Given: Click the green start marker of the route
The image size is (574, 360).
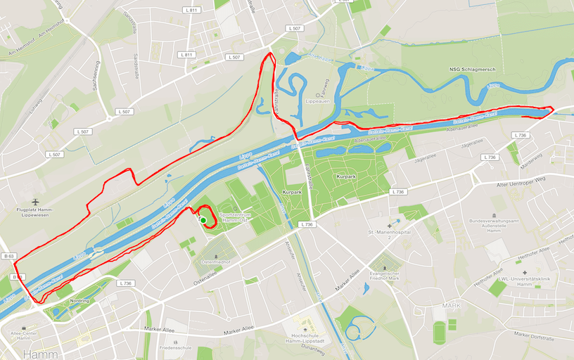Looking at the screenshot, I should tap(203, 220).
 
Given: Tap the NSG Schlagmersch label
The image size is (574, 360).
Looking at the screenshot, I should tap(472, 70).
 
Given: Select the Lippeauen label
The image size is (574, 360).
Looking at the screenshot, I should tap(318, 101).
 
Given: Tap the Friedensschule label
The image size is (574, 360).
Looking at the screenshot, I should tap(175, 347).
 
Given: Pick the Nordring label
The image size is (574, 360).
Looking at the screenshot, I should tap(80, 300).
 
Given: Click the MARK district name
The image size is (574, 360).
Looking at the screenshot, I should tap(450, 306).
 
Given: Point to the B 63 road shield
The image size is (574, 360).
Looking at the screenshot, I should tap(8, 256).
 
